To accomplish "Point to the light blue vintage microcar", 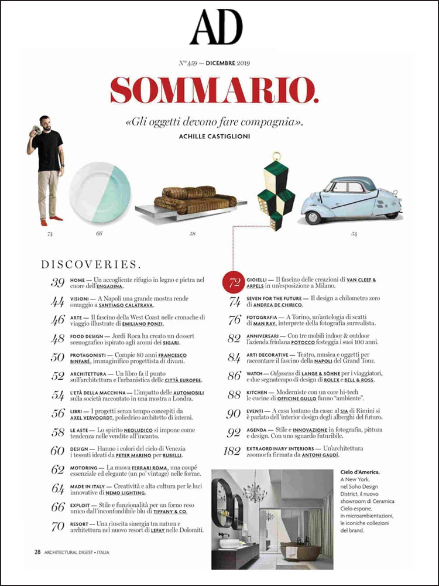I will [351, 199].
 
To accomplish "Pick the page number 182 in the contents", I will [232, 451].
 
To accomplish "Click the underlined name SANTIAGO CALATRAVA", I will [128, 306].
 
